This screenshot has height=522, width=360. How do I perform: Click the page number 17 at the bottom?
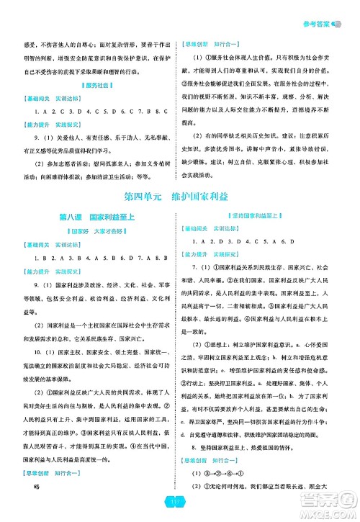179,502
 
